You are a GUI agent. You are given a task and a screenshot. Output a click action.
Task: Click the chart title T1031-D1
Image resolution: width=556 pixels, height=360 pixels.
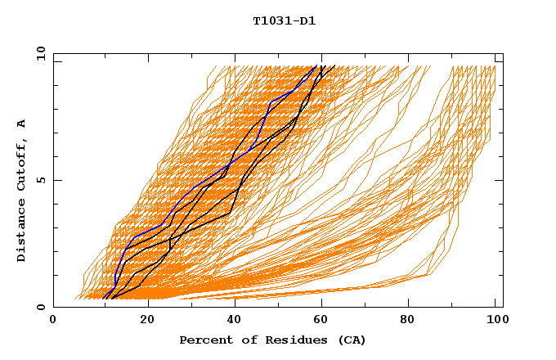click(x=285, y=20)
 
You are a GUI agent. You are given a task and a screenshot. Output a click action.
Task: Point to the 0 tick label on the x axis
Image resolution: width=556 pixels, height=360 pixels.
click(x=53, y=320)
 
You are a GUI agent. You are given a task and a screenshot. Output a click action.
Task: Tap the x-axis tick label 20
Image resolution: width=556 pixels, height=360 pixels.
click(x=141, y=320)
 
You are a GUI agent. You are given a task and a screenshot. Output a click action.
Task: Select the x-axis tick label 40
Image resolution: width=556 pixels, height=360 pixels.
click(x=230, y=320)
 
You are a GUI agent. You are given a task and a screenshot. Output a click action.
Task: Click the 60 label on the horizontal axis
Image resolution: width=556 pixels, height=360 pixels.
click(x=318, y=320)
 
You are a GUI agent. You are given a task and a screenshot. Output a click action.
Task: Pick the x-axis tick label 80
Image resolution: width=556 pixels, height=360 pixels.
click(x=406, y=320)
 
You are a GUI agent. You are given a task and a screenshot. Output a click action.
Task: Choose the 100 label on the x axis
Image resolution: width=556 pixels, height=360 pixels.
click(x=495, y=320)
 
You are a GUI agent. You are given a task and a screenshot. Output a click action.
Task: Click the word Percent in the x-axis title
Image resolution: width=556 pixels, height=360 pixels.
click(x=204, y=340)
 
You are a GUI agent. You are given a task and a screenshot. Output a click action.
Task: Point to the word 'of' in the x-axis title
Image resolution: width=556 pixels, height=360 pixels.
click(x=242, y=340)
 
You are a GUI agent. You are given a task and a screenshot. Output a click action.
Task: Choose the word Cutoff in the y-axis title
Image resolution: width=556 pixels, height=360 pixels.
click(x=21, y=164)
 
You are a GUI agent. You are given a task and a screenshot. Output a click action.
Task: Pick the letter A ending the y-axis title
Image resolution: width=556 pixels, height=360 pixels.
click(x=21, y=123)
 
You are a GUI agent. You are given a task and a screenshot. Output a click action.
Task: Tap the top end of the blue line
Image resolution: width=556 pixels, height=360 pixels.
click(x=316, y=66)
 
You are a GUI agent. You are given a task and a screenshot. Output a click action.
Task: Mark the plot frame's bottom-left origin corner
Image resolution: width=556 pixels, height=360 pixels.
click(x=53, y=307)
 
